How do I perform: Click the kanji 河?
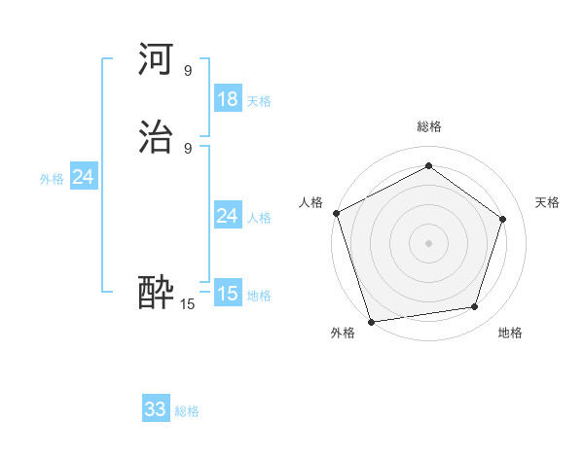157,61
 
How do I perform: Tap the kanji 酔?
157,293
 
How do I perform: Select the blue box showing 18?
227,99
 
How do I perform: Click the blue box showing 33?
156,409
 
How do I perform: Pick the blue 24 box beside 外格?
84,177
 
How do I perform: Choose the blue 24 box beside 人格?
227,216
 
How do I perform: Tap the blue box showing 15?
227,293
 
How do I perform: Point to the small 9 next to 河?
188,70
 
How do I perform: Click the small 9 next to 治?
188,148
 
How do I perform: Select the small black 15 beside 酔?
188,304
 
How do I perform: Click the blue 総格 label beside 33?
187,411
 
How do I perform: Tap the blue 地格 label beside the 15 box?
259,296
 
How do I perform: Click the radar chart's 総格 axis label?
428,126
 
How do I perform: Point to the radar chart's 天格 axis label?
548,202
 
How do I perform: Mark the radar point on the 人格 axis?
336,213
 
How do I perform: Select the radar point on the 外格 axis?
371,320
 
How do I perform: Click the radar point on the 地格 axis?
475,307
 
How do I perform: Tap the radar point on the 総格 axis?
428,166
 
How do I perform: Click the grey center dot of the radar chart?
428,242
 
